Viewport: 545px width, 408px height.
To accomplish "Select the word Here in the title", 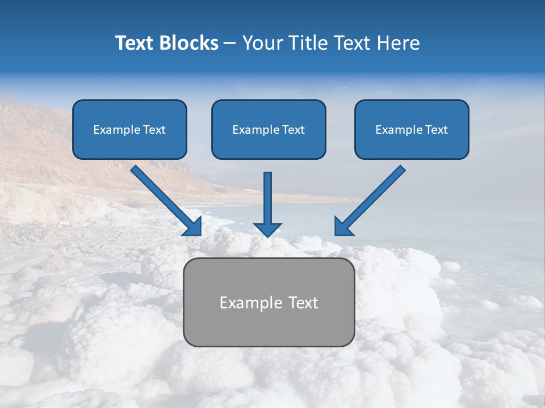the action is pos(399,43).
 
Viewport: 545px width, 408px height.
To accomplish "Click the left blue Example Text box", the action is pos(129,129).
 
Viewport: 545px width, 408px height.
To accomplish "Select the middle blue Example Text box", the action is pos(269,129).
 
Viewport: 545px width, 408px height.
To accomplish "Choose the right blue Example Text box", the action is pos(412,129).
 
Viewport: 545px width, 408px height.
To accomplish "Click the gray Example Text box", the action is pos(269,303).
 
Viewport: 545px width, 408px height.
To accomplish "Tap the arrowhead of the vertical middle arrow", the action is pos(267,229).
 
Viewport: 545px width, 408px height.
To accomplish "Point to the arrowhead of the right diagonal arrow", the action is pos(342,227).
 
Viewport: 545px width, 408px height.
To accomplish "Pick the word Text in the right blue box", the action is pos(435,130).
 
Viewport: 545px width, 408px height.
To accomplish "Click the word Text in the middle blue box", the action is pos(293,130).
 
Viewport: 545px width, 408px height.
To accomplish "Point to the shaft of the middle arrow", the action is pos(267,195).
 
